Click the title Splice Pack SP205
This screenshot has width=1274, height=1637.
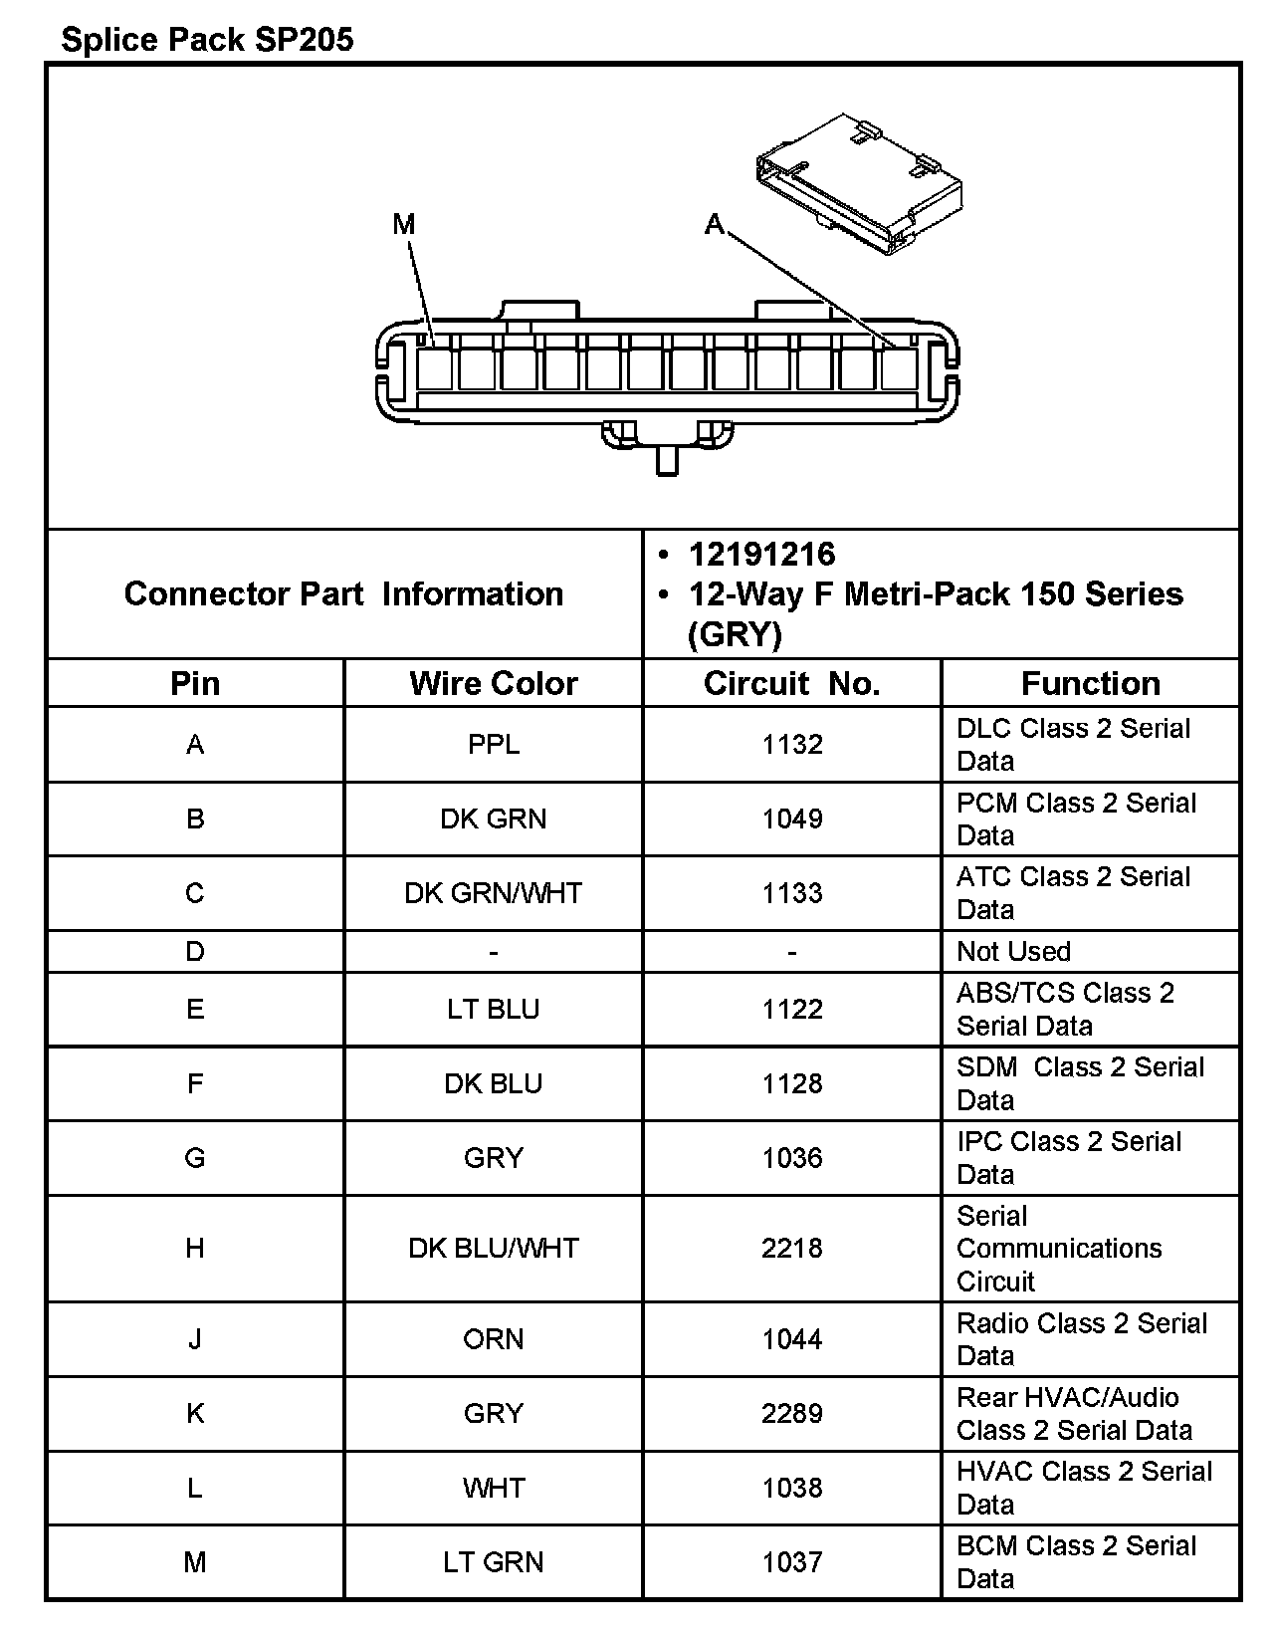click(207, 40)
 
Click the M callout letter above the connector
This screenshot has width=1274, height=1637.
click(403, 224)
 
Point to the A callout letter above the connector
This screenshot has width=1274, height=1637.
click(714, 224)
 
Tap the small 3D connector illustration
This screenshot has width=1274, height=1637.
click(859, 184)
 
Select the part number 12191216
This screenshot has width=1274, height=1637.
click(761, 555)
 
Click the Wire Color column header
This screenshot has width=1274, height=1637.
click(493, 683)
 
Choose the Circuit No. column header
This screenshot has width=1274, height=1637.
click(791, 683)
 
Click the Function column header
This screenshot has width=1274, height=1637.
click(1090, 683)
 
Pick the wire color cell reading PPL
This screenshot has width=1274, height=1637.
click(493, 744)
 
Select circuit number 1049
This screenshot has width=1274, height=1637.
click(792, 818)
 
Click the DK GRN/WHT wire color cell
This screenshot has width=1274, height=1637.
click(493, 892)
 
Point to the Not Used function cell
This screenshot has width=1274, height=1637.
click(1013, 951)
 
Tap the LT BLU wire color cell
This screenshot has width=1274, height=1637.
click(493, 1009)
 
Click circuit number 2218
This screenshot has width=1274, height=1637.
click(792, 1248)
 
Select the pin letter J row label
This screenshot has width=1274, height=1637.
click(195, 1338)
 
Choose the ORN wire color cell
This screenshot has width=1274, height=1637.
click(493, 1338)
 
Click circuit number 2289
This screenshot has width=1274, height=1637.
click(792, 1413)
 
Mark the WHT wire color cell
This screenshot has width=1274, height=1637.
click(493, 1488)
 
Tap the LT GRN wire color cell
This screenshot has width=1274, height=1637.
click(493, 1561)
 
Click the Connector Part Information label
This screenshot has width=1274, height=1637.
click(343, 593)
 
